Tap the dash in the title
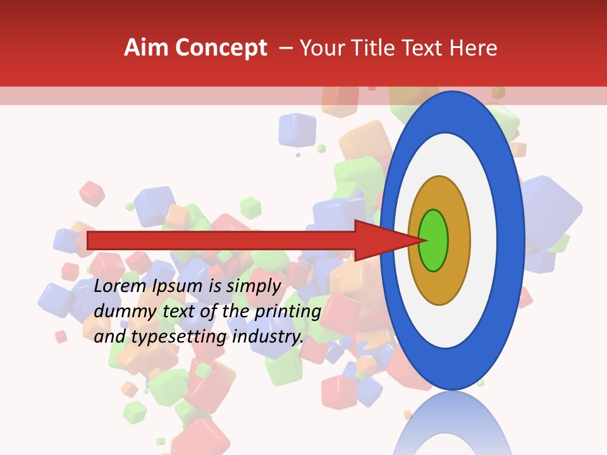pyautogui.click(x=286, y=48)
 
